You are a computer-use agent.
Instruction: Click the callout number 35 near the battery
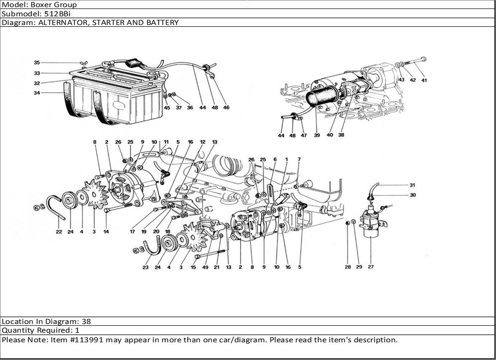(37, 62)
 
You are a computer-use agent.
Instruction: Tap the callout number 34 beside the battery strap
(37, 93)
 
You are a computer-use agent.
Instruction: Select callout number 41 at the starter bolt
(424, 80)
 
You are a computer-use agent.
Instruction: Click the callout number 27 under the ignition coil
(371, 267)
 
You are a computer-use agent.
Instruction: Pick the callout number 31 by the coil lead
(412, 185)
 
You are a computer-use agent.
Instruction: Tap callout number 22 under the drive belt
(59, 232)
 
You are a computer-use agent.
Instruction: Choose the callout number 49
(205, 267)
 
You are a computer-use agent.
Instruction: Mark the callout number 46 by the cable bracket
(226, 107)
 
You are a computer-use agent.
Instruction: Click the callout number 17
(132, 232)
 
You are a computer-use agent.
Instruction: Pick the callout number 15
(193, 267)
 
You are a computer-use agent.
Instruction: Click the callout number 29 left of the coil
(360, 267)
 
